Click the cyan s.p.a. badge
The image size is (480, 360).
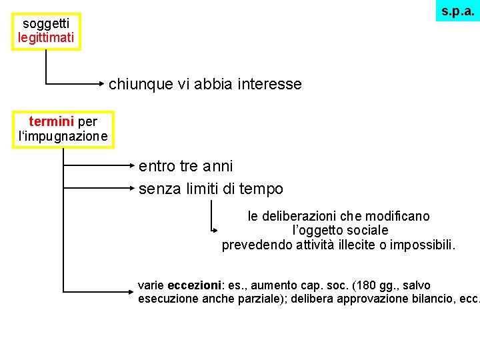point(458,11)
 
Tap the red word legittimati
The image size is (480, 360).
point(46,37)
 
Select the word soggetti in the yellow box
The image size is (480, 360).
point(46,24)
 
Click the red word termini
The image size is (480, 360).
point(52,122)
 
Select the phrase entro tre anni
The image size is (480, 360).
point(185,165)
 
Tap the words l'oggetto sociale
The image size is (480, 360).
point(340,231)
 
